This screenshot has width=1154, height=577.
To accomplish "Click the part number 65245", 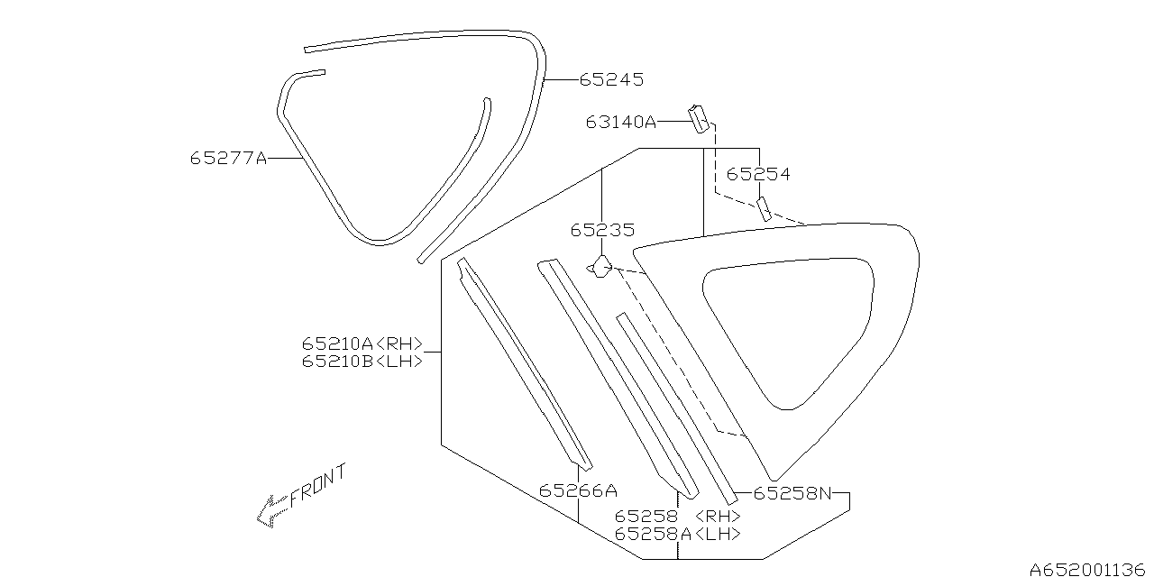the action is click(611, 80).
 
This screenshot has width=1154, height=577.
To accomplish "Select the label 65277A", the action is click(229, 158).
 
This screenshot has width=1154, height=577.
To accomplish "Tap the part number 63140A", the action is click(621, 122).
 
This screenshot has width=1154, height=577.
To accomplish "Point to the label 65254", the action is click(758, 174).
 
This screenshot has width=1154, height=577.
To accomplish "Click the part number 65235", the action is click(602, 230).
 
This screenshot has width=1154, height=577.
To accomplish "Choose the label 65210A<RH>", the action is click(362, 343).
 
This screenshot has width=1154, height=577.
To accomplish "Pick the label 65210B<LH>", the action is click(362, 362).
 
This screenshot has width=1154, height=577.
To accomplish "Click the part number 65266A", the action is click(578, 490).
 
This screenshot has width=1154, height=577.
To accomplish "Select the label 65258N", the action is click(792, 493).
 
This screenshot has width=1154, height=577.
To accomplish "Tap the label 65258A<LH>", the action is click(677, 534).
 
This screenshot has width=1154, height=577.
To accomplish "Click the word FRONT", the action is click(318, 485).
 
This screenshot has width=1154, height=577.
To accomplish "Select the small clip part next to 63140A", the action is click(699, 119).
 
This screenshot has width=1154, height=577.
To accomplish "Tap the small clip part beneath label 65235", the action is click(600, 266).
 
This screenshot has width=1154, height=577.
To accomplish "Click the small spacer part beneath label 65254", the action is click(764, 208).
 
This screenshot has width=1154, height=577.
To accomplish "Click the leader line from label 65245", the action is click(562, 80).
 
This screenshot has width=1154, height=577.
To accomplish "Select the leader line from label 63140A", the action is click(673, 122).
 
